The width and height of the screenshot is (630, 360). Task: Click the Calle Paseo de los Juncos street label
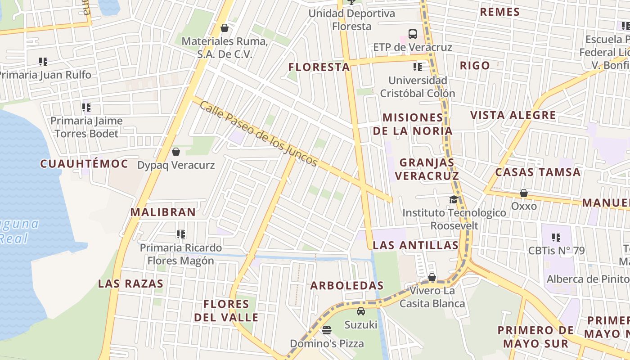259,134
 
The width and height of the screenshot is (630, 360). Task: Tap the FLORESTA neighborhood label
319,67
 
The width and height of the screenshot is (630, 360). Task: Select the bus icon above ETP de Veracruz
412,34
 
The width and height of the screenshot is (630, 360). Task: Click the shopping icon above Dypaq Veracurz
176,152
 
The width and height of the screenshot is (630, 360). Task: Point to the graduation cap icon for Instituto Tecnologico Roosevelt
454,199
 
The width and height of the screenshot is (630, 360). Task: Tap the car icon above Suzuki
360,311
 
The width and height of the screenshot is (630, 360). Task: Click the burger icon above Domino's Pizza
327,330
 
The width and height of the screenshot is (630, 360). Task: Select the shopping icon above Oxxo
524,193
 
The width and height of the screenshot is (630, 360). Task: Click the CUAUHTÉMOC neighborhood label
85,164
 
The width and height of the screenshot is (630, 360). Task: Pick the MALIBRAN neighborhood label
163,212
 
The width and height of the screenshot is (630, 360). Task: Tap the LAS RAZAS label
131,284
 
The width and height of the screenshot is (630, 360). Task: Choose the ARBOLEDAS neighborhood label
347,286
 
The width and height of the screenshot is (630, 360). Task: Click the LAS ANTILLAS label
416,245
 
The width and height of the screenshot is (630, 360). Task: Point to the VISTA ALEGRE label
513,115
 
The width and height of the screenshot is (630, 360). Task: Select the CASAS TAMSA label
538,172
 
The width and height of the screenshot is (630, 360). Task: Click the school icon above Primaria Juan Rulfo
43,61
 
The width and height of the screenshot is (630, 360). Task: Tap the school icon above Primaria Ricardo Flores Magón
181,234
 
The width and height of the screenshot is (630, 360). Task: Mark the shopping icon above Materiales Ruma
225,28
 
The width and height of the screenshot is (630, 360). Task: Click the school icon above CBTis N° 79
556,237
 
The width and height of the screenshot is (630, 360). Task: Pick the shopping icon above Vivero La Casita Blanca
432,277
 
